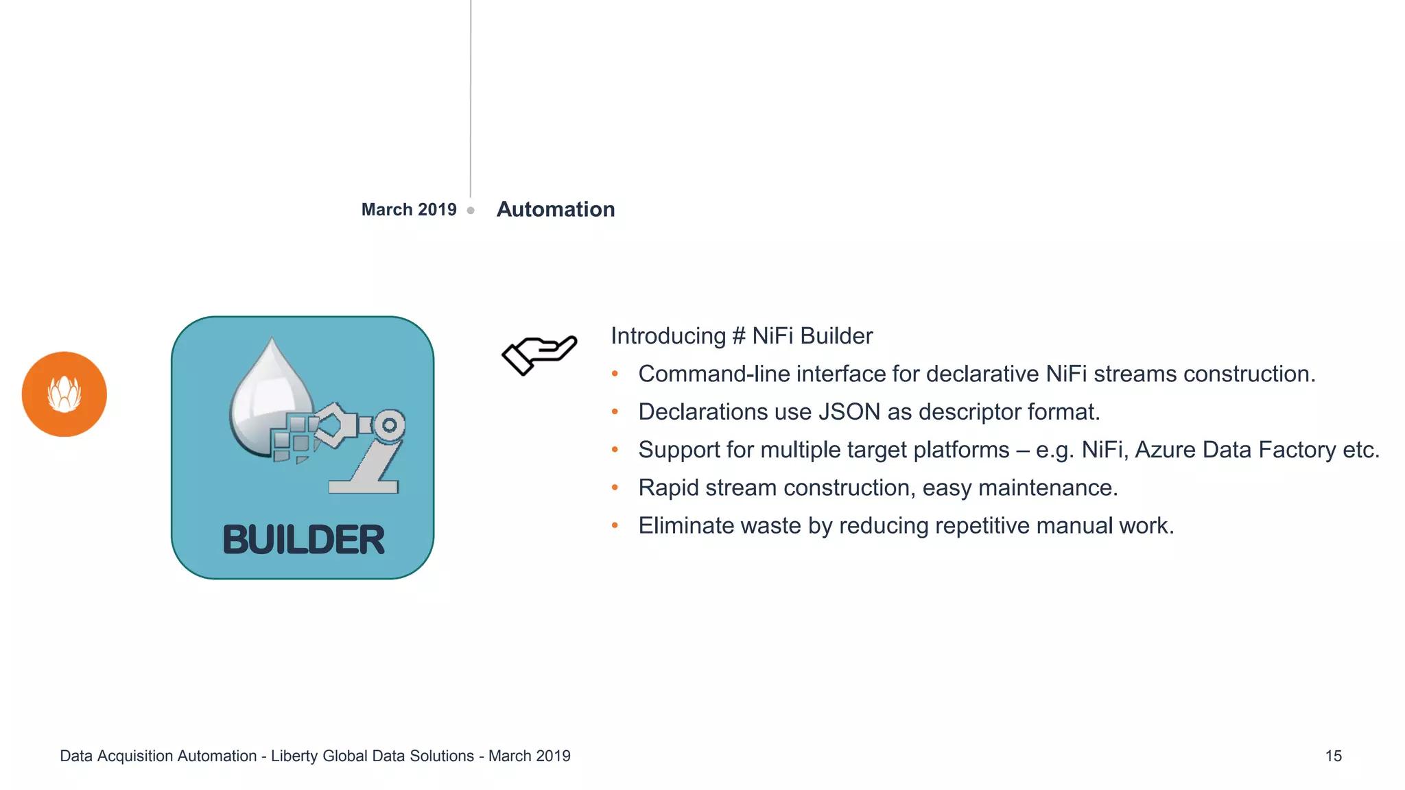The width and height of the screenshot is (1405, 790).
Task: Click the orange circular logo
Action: tap(64, 394)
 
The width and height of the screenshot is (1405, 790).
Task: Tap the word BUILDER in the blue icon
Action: tap(303, 540)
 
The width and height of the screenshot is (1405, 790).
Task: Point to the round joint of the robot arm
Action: tap(390, 425)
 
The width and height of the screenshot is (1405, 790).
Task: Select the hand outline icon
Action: tap(539, 354)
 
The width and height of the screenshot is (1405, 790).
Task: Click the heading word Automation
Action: tap(555, 209)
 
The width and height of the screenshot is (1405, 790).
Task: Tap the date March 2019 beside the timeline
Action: tap(409, 209)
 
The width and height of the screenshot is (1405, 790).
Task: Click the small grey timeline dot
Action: tap(471, 211)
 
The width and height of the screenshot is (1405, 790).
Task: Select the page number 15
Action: tap(1333, 756)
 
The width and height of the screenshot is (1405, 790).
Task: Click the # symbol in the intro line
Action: tap(739, 336)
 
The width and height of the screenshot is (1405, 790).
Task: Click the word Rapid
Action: tap(668, 488)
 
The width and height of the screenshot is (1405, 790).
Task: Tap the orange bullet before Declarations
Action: tap(615, 412)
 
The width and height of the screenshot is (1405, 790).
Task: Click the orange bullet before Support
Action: tap(615, 450)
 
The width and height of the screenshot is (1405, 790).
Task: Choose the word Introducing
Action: tap(668, 336)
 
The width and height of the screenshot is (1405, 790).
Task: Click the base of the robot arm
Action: tap(364, 487)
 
